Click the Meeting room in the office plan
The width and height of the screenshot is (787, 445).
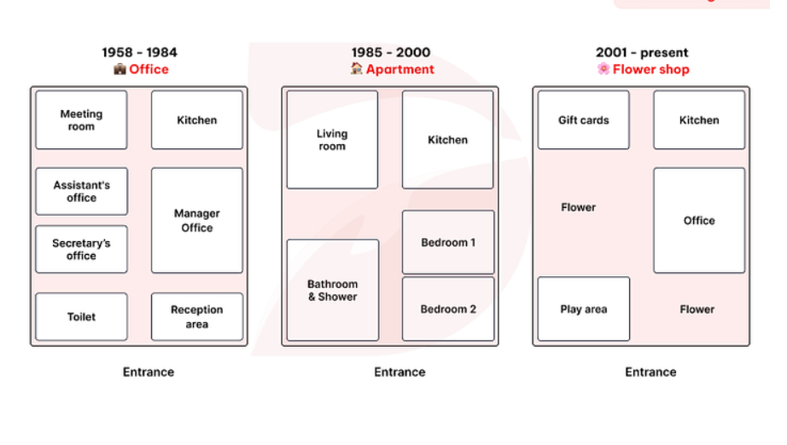pyautogui.click(x=81, y=119)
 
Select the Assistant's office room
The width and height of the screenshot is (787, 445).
pyautogui.click(x=81, y=192)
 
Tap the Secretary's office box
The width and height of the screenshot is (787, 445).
pyautogui.click(x=81, y=249)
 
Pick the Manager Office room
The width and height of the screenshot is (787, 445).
pyautogui.click(x=196, y=221)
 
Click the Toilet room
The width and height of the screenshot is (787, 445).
pyautogui.click(x=81, y=317)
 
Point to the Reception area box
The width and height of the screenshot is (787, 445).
pyautogui.click(x=196, y=317)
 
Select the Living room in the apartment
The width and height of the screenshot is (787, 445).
pyautogui.click(x=332, y=140)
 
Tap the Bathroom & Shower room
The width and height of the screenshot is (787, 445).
pyautogui.click(x=333, y=290)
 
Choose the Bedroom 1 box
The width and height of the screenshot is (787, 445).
pyautogui.click(x=448, y=242)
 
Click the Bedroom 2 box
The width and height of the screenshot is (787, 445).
pyautogui.click(x=448, y=309)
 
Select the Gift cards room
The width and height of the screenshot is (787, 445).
pyautogui.click(x=583, y=119)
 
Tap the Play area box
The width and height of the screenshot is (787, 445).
pyautogui.click(x=584, y=309)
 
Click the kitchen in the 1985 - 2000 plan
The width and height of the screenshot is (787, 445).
pyautogui.click(x=448, y=140)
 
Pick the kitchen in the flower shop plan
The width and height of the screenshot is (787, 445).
pyautogui.click(x=699, y=119)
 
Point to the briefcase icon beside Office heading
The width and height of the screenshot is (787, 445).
pyautogui.click(x=120, y=69)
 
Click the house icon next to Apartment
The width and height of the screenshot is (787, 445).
pyautogui.click(x=356, y=68)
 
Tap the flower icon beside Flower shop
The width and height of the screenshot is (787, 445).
pyautogui.click(x=603, y=69)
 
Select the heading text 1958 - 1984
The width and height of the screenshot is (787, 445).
pyautogui.click(x=139, y=52)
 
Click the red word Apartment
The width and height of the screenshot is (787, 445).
pyautogui.click(x=400, y=69)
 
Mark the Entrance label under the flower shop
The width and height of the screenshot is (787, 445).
pyautogui.click(x=650, y=372)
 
